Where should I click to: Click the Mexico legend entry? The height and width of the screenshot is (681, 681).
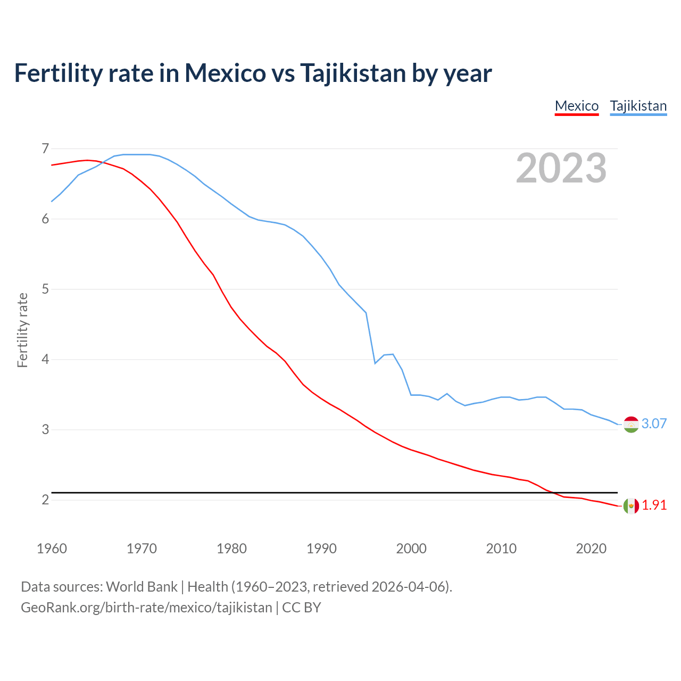(577, 106)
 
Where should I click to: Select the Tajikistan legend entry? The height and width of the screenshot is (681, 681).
(638, 106)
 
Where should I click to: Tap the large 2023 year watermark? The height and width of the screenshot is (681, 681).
(561, 168)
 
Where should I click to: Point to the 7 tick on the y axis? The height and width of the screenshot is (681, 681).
(45, 148)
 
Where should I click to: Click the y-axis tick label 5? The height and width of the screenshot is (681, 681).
(45, 289)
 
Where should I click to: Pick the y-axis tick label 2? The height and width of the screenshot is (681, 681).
(45, 500)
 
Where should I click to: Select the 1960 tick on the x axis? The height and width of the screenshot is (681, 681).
(52, 549)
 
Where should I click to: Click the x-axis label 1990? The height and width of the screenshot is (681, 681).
(321, 549)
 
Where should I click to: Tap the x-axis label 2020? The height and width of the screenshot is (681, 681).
(591, 549)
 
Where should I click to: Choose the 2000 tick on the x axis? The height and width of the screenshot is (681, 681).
(411, 549)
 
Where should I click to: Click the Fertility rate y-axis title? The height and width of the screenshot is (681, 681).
(22, 330)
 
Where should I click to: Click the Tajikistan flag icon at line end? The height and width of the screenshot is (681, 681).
(630, 424)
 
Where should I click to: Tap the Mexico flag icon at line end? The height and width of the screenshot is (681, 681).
(630, 505)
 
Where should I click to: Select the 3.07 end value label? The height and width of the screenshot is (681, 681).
(654, 423)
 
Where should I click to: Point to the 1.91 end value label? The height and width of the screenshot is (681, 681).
(654, 505)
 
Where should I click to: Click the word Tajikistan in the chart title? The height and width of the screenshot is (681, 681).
(353, 73)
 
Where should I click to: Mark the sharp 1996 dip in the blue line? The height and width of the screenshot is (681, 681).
(375, 363)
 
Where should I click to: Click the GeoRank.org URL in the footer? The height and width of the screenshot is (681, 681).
(146, 608)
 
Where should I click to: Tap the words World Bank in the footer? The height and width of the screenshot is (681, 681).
(142, 587)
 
